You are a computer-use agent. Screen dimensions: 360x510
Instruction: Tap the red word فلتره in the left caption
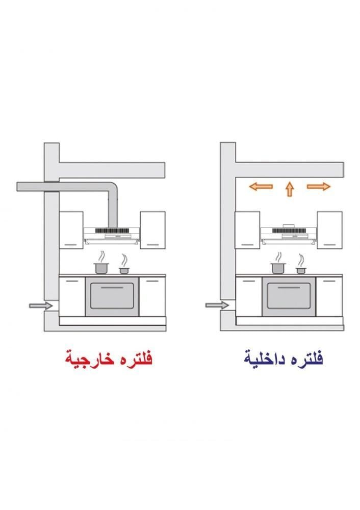tap(135, 358)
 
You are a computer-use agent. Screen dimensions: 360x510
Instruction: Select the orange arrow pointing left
tap(261, 186)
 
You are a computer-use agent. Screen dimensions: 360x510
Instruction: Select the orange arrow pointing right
tap(319, 186)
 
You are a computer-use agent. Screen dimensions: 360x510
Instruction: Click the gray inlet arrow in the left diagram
tap(41, 305)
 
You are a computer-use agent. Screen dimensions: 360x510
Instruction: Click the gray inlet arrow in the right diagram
tap(217, 305)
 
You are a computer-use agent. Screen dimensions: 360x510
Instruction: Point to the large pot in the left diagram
tap(101, 268)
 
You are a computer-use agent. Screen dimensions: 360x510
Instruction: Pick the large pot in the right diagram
tap(278, 268)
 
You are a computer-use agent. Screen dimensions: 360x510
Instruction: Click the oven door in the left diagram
tap(112, 296)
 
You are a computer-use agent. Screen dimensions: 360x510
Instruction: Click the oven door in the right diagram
tap(289, 296)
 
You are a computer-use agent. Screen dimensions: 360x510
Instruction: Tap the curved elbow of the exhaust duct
tap(112, 188)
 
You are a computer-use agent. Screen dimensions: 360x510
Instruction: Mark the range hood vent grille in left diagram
tap(112, 231)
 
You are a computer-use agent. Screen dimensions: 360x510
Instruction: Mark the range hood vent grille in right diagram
tap(289, 231)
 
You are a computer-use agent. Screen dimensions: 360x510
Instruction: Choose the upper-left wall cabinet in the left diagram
tap(71, 230)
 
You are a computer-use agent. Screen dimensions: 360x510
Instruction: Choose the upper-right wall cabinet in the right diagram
tap(330, 230)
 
